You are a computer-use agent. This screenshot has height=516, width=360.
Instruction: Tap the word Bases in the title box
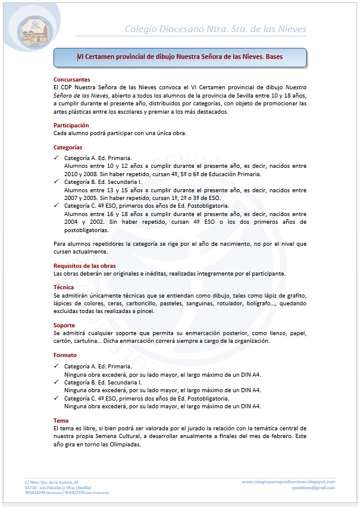point(274,57)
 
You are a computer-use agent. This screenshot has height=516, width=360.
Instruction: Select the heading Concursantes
point(71,79)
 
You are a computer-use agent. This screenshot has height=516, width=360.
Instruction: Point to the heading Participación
point(71,125)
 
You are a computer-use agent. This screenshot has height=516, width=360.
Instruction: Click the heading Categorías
point(68,147)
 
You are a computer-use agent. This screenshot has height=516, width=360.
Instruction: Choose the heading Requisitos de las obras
point(84,265)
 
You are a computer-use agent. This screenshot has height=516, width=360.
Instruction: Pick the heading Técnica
point(64,287)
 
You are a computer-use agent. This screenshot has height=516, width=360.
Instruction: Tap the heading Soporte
point(64,326)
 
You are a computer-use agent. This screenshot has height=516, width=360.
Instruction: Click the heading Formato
point(65,355)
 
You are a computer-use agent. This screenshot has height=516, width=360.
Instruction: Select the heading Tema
point(61,420)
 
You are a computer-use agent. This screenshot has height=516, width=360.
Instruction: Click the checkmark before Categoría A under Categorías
point(56,158)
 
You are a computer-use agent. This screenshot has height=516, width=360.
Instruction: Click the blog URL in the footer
point(289,481)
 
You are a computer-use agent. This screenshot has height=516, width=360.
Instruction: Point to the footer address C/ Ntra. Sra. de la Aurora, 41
point(52,481)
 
